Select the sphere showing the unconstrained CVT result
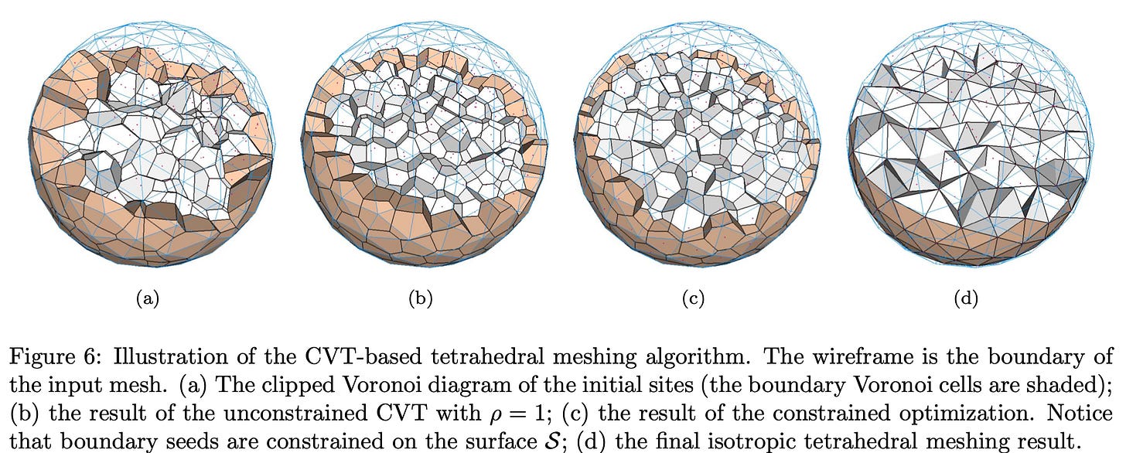click(423, 146)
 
